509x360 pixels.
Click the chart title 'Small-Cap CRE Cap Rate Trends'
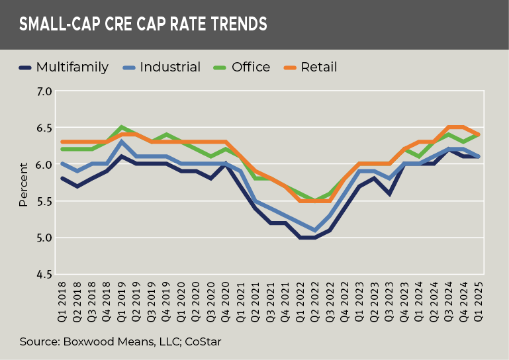point(142,25)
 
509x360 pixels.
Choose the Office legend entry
point(250,67)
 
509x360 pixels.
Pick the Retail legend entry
point(318,67)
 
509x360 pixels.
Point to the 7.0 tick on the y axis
point(43,91)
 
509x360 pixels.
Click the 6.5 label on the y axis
point(43,128)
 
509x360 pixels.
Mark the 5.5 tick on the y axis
point(43,201)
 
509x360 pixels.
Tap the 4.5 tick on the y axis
point(43,274)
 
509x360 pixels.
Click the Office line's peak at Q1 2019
point(122,127)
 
